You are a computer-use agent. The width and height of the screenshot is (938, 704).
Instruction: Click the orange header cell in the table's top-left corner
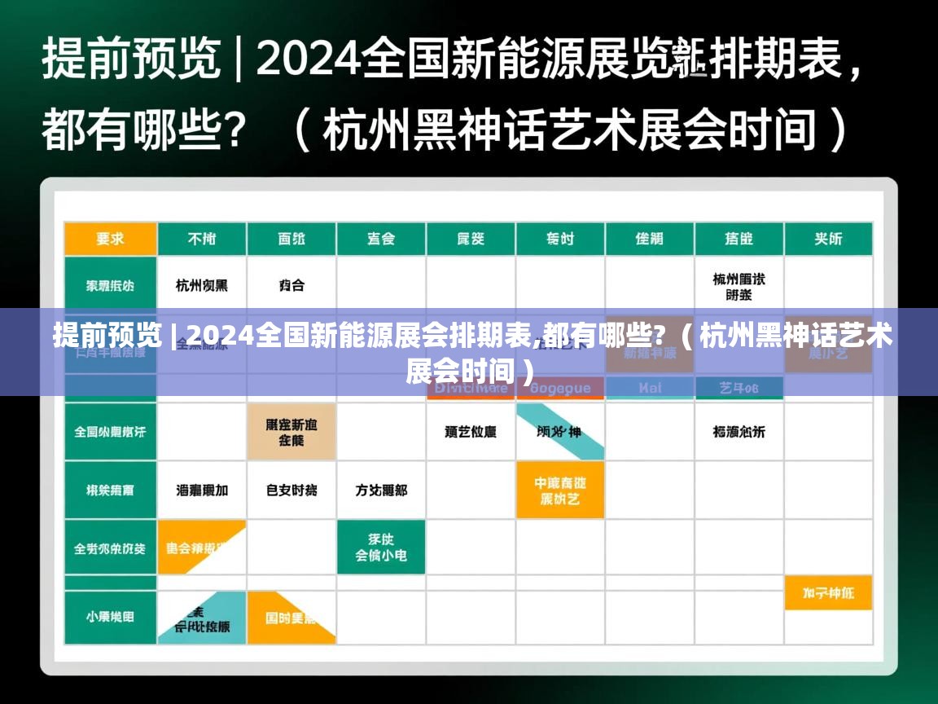coord(111,239)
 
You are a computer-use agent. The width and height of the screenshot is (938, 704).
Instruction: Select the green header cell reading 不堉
coord(202,239)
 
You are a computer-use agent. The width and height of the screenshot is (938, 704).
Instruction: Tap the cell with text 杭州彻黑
coord(202,285)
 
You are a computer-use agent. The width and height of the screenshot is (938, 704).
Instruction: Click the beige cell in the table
coord(291,431)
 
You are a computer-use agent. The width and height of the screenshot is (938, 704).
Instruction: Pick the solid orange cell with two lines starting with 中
coord(560,491)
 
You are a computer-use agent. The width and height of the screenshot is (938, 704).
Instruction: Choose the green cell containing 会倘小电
coord(381,547)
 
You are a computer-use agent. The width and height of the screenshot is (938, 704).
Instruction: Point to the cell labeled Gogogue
coord(560,389)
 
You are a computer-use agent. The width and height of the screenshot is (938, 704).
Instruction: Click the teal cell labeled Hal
coord(650,389)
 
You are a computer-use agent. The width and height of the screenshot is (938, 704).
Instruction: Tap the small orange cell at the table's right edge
coord(828,593)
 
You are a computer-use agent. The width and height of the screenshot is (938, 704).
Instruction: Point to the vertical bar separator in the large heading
coord(238,59)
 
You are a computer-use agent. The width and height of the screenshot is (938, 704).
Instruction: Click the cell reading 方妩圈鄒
coord(381,491)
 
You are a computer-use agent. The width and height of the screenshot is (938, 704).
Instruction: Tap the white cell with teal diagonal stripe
coord(560,431)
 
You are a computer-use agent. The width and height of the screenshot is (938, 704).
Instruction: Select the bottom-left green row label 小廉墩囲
coord(111,617)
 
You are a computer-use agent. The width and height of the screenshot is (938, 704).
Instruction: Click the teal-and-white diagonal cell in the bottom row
coord(202,617)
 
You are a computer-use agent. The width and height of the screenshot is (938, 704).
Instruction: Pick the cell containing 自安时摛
coord(291,491)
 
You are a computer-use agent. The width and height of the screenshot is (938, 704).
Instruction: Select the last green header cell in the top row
coord(828,239)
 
